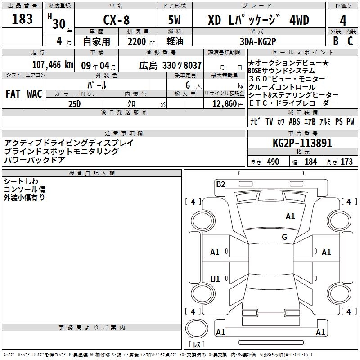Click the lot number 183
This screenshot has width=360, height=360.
click(22, 19)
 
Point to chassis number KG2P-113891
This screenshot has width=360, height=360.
click(302, 144)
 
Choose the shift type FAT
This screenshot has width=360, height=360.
click(13, 94)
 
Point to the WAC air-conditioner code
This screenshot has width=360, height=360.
click(35, 94)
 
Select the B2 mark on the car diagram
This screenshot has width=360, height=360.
click(220, 184)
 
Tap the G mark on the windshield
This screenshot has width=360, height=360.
click(284, 237)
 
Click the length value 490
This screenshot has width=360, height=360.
click(273, 162)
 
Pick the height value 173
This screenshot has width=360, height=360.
click(346, 162)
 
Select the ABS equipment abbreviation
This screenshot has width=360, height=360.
click(295, 121)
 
